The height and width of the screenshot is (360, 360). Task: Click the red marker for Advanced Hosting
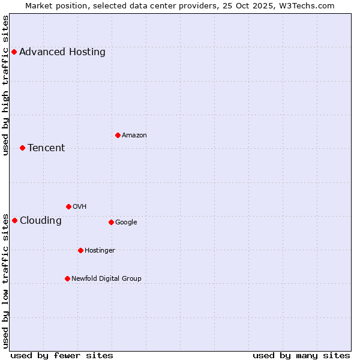coord(14,52)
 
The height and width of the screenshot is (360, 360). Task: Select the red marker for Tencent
coord(22,148)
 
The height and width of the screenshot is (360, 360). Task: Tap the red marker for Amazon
coord(118,135)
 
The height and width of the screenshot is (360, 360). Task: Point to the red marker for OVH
coord(68,206)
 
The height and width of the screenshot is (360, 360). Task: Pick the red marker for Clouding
coord(14,220)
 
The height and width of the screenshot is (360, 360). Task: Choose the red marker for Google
coord(111,222)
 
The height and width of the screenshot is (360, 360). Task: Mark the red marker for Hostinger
coord(80,250)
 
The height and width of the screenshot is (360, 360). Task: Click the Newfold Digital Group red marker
coord(67,278)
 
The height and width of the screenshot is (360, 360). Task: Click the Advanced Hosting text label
coord(62,52)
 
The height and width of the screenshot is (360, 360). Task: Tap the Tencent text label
coord(46,148)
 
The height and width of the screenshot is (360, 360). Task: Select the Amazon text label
coord(134,136)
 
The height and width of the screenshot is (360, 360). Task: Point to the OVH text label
coord(80,207)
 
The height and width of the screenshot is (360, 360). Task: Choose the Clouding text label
coord(41,221)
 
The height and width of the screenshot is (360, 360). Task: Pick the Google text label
coord(126,223)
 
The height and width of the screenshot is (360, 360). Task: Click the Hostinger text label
coord(100,251)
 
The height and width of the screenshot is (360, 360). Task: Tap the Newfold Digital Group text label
coord(106,279)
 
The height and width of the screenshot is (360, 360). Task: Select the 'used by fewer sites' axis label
coord(62,355)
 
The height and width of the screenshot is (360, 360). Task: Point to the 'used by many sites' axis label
coord(301,355)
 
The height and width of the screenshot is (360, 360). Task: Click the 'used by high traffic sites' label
coord(6,85)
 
